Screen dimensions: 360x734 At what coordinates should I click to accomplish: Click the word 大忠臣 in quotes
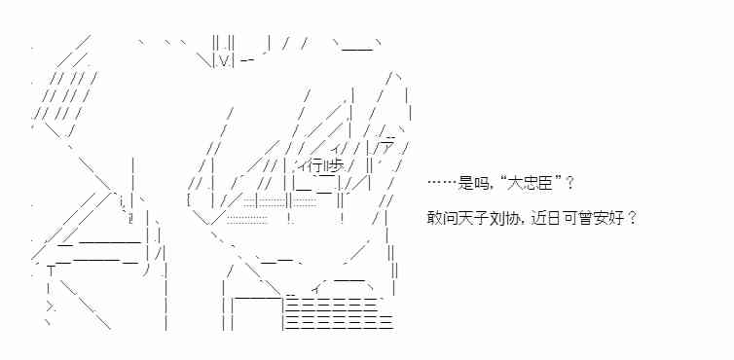(x=532, y=183)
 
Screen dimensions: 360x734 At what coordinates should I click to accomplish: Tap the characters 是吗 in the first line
(x=472, y=183)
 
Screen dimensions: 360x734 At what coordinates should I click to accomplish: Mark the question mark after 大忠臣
(x=569, y=183)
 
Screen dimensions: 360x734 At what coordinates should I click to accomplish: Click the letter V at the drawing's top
(x=223, y=60)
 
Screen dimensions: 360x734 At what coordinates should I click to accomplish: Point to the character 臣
(x=546, y=183)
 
